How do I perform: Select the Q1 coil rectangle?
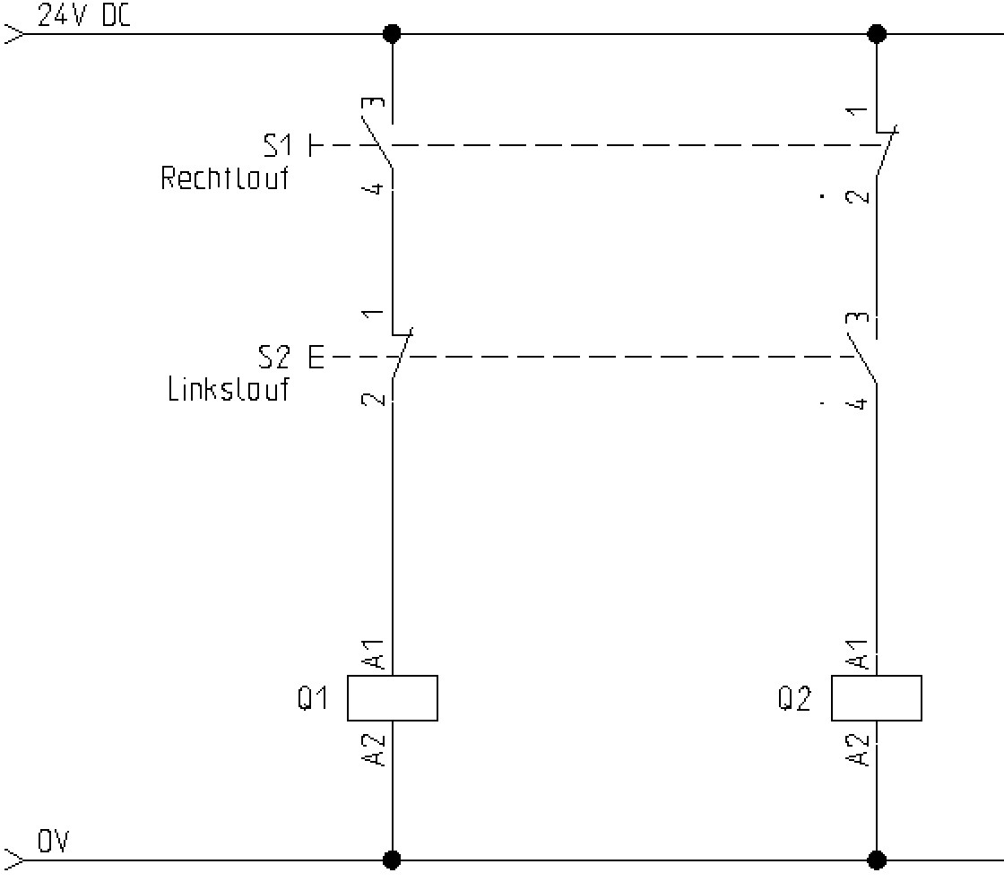[392, 698]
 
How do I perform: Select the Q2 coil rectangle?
[876, 698]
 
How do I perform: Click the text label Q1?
[314, 698]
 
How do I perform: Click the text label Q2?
[794, 698]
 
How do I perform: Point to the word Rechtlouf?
[225, 177]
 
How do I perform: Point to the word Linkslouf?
[229, 390]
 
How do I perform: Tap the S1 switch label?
[278, 144]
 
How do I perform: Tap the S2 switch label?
[275, 358]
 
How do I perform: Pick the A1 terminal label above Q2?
[860, 653]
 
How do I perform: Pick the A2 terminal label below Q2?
[860, 749]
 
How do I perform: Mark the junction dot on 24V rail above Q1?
[392, 34]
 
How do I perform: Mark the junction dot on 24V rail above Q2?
[877, 34]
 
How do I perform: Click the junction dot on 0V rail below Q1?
[392, 860]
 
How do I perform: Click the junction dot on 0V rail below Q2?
[877, 860]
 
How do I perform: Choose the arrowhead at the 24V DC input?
[15, 34]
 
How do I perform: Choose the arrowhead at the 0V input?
[15, 860]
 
